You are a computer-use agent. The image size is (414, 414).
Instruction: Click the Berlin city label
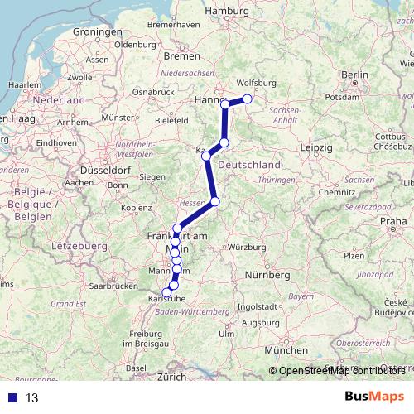point(354,75)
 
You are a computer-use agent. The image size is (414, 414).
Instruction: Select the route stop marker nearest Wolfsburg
point(247,99)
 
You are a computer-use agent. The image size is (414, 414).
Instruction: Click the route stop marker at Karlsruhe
point(166,292)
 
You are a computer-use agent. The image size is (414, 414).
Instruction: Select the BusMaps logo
point(373,397)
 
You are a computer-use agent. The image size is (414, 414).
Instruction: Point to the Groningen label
point(97,31)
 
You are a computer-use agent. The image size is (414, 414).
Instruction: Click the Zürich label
point(173,377)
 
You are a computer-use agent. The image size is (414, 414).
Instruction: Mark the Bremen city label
point(181,56)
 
